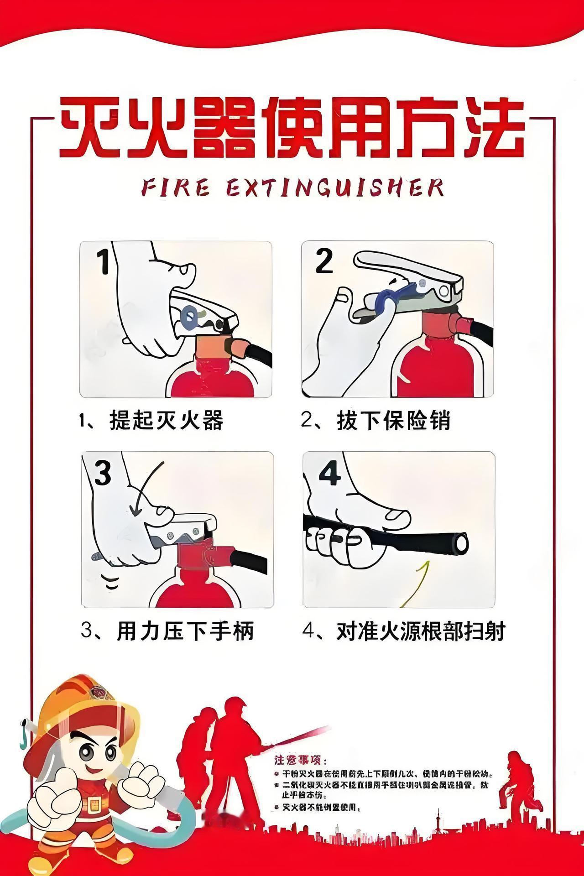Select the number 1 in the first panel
pos(104,261)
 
